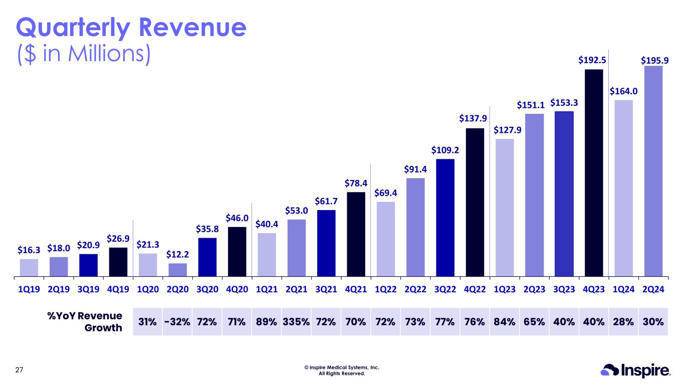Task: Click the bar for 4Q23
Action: tap(594, 173)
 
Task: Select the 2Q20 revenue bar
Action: tap(178, 270)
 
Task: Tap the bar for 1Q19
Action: tap(29, 268)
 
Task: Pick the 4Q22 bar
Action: tap(475, 202)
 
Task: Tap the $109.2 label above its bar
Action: tap(445, 150)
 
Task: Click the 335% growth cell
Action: tap(296, 322)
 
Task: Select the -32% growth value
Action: tap(177, 322)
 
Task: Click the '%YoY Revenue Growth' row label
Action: tap(85, 322)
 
